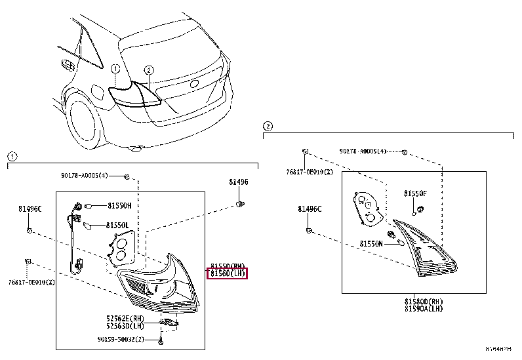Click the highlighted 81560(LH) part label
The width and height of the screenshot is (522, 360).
pyautogui.click(x=228, y=273)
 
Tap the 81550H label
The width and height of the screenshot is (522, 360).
pyautogui.click(x=119, y=205)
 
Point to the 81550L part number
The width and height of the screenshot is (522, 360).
pyautogui.click(x=119, y=225)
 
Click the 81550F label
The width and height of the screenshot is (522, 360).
pyautogui.click(x=415, y=193)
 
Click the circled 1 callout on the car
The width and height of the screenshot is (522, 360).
pyautogui.click(x=115, y=68)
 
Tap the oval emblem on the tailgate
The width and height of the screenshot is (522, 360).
pyautogui.click(x=194, y=84)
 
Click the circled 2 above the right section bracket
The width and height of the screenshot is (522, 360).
pyautogui.click(x=267, y=125)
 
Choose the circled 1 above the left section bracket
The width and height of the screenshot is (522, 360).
pyautogui.click(x=11, y=156)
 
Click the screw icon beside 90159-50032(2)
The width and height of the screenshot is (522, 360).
pyautogui.click(x=161, y=341)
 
